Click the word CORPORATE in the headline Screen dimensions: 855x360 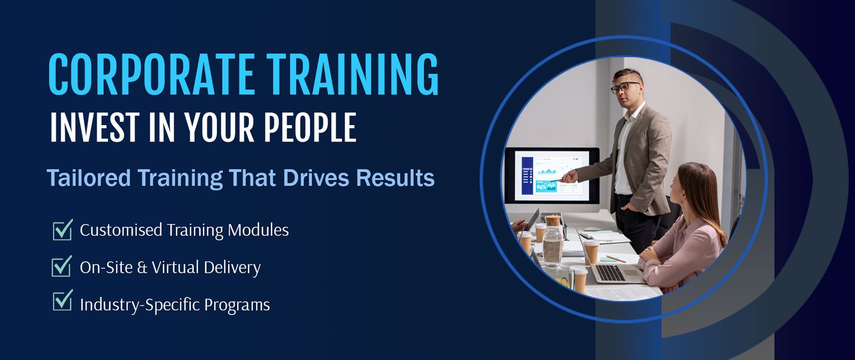[x=151, y=74]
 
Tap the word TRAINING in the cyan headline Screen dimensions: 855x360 [x=353, y=74]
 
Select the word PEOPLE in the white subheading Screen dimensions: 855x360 [x=310, y=127]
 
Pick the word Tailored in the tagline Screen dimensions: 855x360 [x=89, y=178]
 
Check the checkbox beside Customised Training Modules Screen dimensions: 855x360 [x=63, y=230]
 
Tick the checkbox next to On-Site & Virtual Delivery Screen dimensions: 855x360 [x=62, y=266]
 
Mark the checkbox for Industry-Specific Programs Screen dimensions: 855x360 [x=63, y=300]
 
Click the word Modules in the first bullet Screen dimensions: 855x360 [x=258, y=230]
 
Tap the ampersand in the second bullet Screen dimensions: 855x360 [x=142, y=268]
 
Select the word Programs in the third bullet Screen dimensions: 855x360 [x=237, y=305]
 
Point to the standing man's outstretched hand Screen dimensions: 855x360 [x=570, y=176]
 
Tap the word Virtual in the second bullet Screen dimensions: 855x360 [x=176, y=268]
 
